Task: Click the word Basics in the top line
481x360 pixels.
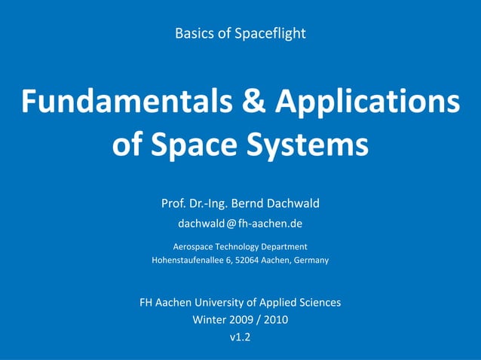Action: click(193, 34)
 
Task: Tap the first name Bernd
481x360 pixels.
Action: click(249, 203)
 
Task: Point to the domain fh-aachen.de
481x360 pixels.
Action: click(271, 224)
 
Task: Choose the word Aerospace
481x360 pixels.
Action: click(195, 246)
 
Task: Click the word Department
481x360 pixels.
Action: click(282, 246)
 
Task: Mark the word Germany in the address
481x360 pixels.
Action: click(311, 261)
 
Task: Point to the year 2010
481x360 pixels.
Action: click(274, 320)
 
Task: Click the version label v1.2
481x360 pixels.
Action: click(240, 337)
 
